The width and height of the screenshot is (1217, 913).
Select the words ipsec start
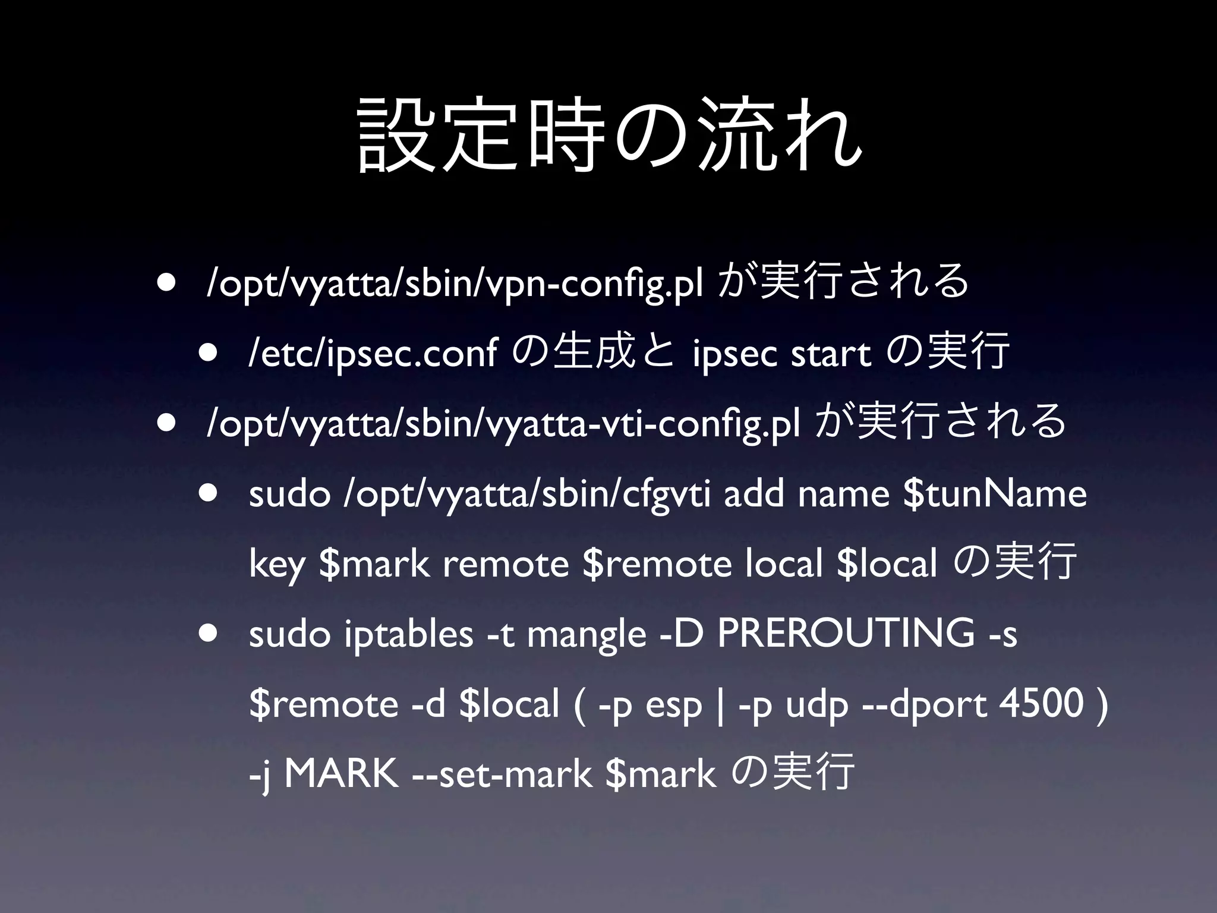click(781, 353)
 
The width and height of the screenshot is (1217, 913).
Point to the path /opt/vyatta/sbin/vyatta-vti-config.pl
click(502, 423)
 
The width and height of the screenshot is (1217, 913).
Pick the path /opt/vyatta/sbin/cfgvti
click(526, 493)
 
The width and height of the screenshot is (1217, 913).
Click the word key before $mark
click(276, 564)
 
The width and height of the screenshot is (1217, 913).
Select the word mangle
click(586, 634)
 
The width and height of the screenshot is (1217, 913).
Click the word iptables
click(408, 633)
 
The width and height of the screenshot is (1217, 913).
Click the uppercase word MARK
click(341, 773)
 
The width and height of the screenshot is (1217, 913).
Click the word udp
click(817, 704)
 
